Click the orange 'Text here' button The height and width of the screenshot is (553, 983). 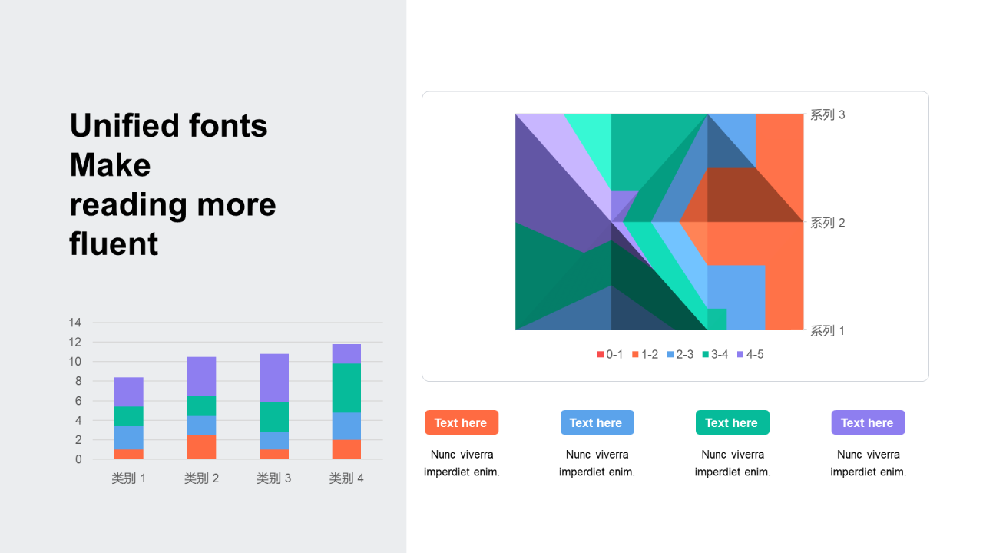pos(462,422)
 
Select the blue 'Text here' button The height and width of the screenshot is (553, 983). pos(597,422)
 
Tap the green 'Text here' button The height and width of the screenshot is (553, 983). pos(733,422)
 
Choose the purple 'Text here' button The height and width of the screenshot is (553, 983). pos(868,422)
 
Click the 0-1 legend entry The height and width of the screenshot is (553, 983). pos(610,355)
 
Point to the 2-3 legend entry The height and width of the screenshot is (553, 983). pos(680,355)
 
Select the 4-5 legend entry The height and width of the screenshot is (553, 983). pos(750,355)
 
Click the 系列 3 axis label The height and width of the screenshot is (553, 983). pos(828,115)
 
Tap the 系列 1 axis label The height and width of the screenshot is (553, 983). pos(828,331)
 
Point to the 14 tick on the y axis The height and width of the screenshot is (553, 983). pos(75,323)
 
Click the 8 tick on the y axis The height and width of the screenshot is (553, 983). pos(78,381)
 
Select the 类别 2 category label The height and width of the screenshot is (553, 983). pos(201,478)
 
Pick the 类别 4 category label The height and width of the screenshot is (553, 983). pos(346,478)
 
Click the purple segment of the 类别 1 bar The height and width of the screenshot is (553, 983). pos(128,392)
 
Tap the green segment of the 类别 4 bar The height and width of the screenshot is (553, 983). pos(346,388)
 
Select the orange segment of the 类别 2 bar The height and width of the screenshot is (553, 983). pos(201,447)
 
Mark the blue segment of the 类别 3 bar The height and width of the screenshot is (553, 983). pos(274,441)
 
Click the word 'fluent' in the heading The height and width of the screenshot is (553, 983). pos(114,244)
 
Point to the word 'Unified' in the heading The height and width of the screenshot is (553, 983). pos(124,125)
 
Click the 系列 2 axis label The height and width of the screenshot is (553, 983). pos(828,223)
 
